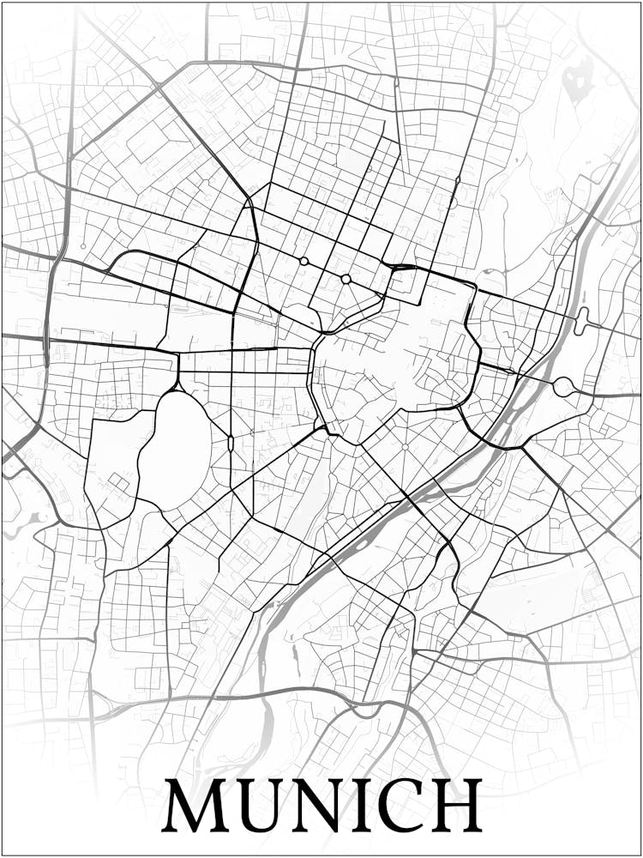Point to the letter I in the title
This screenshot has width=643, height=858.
click(361, 805)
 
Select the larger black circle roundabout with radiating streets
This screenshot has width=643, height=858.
click(346, 279)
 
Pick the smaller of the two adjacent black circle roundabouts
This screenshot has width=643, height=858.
click(303, 261)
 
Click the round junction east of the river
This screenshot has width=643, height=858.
click(562, 387)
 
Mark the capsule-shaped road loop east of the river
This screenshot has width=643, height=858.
click(583, 321)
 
